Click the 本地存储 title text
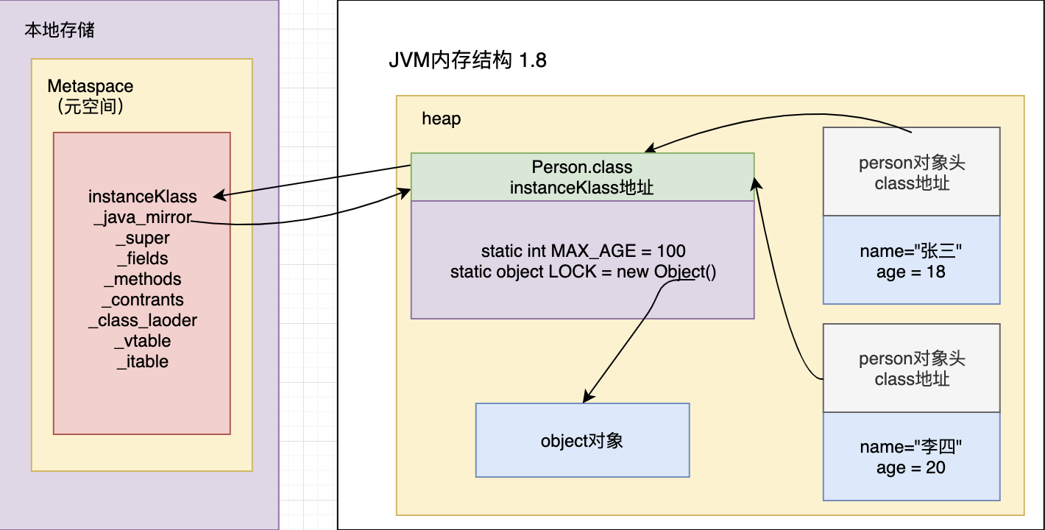pyautogui.click(x=60, y=30)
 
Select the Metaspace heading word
pyautogui.click(x=91, y=86)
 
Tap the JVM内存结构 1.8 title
pyautogui.click(x=467, y=60)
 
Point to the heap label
pyautogui.click(x=442, y=119)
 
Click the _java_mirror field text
pyautogui.click(x=143, y=217)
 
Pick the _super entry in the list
pyautogui.click(x=143, y=238)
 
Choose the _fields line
pyautogui.click(x=143, y=258)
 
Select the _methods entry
pyautogui.click(x=143, y=279)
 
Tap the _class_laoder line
pyautogui.click(x=143, y=320)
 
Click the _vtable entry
pyautogui.click(x=143, y=341)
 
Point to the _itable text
pyautogui.click(x=143, y=361)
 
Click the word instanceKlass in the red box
pyautogui.click(x=143, y=197)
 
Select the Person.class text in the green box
pyautogui.click(x=582, y=167)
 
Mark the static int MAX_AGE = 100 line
pyautogui.click(x=583, y=251)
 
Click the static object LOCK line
pyautogui.click(x=583, y=272)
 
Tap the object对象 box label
pyautogui.click(x=582, y=441)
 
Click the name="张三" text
pyautogui.click(x=910, y=251)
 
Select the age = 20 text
pyautogui.click(x=910, y=467)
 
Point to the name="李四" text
pyautogui.click(x=910, y=447)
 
